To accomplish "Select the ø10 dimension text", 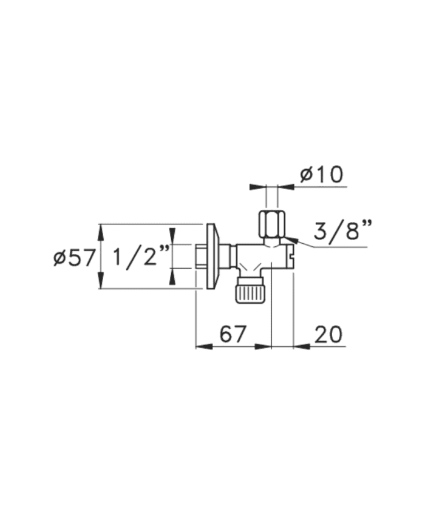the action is pos(322,175).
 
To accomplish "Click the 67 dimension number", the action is pos(233,334).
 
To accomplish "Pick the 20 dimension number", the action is pos(328,334).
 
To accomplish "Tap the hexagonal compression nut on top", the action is pos(272,224).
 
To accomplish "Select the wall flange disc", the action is pos(213,256).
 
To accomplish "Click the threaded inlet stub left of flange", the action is pos(201,256).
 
